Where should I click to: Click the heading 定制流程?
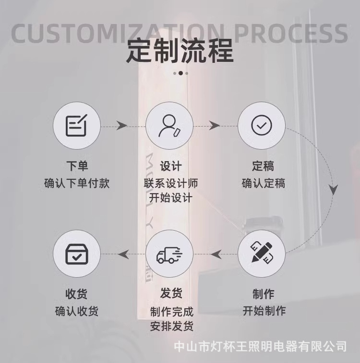tap(180, 51)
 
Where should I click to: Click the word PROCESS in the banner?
tap(291, 33)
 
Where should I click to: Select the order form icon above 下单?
tap(76, 126)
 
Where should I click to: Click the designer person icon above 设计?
tap(169, 126)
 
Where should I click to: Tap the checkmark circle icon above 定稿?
tap(262, 126)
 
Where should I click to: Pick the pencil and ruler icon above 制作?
tap(262, 253)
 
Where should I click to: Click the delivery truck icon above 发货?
tap(169, 254)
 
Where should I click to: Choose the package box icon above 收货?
tap(76, 254)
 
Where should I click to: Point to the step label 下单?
tap(77, 166)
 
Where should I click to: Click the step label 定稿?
tap(263, 166)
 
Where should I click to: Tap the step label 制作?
tap(263, 293)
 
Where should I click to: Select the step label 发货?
tap(171, 293)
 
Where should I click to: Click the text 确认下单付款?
tap(77, 183)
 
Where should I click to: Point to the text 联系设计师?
tap(171, 183)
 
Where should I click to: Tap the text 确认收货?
tap(77, 311)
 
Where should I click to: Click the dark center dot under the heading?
tap(180, 73)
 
